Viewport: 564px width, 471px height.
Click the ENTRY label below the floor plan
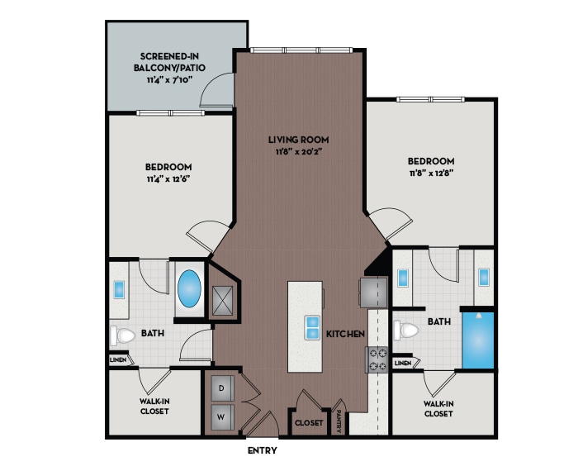(x=262, y=451)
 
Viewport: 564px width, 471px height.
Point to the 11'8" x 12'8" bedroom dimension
(x=430, y=174)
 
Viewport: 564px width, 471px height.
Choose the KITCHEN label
(x=345, y=334)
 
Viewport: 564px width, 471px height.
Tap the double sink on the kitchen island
(x=313, y=327)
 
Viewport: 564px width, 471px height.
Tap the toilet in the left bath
(x=124, y=336)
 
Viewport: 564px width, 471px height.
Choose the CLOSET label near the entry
(x=308, y=422)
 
